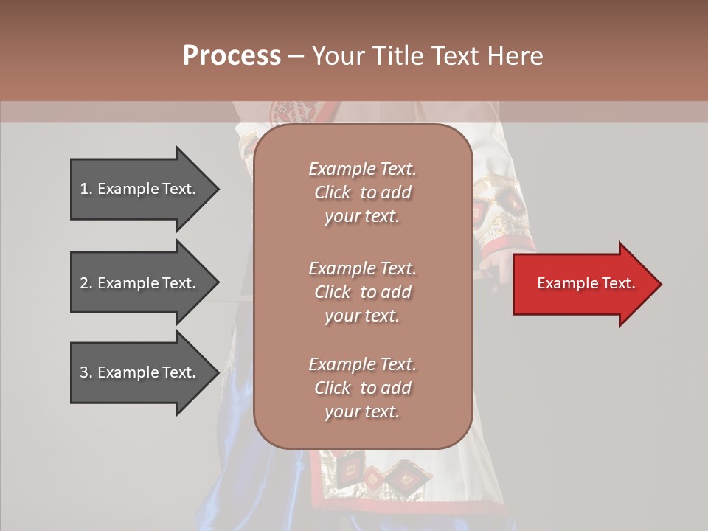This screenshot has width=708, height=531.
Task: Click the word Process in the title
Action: point(232,56)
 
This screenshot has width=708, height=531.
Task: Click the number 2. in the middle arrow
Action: point(86,283)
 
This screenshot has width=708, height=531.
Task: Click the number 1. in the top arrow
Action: point(86,189)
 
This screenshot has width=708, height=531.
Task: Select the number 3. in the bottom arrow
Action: point(86,372)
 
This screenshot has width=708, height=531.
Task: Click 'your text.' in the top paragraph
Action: point(362,217)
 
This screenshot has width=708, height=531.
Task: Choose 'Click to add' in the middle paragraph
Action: point(362,292)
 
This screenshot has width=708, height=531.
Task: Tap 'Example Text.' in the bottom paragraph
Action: point(362,364)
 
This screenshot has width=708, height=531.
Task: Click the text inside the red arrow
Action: point(586,283)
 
